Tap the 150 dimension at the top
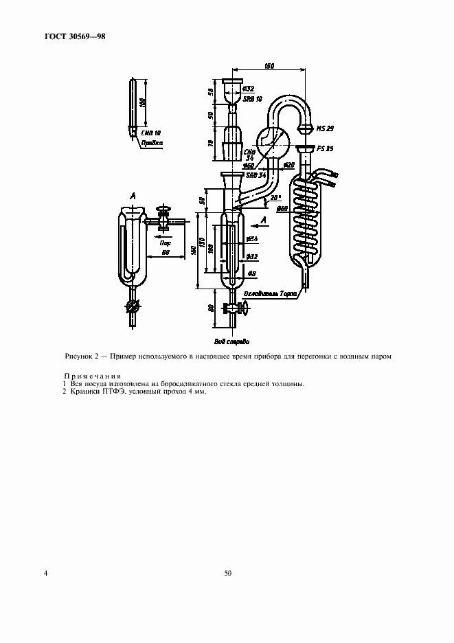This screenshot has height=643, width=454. (x=270, y=66)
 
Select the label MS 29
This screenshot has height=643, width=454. (x=324, y=128)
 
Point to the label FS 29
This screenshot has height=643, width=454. (x=326, y=148)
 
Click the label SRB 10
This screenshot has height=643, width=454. (x=254, y=99)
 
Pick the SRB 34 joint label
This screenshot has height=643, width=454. (x=256, y=175)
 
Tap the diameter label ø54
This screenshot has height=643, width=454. (x=251, y=238)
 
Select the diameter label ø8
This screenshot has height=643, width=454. (x=251, y=274)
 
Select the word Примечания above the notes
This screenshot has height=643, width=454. (x=92, y=376)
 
